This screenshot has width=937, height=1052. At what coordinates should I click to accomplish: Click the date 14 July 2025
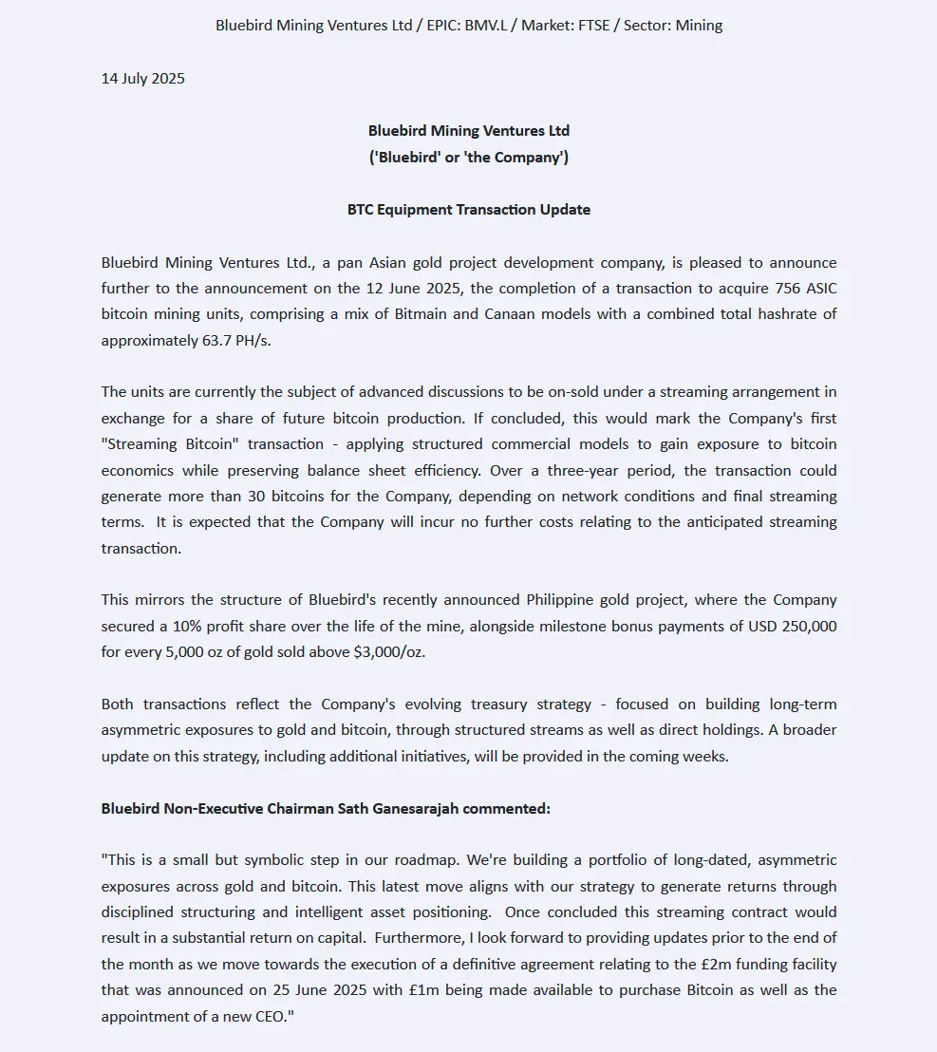click(143, 79)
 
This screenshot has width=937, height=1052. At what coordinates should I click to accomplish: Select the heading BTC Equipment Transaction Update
click(469, 210)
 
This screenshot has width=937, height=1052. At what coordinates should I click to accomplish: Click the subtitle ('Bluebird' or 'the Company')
click(469, 158)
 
